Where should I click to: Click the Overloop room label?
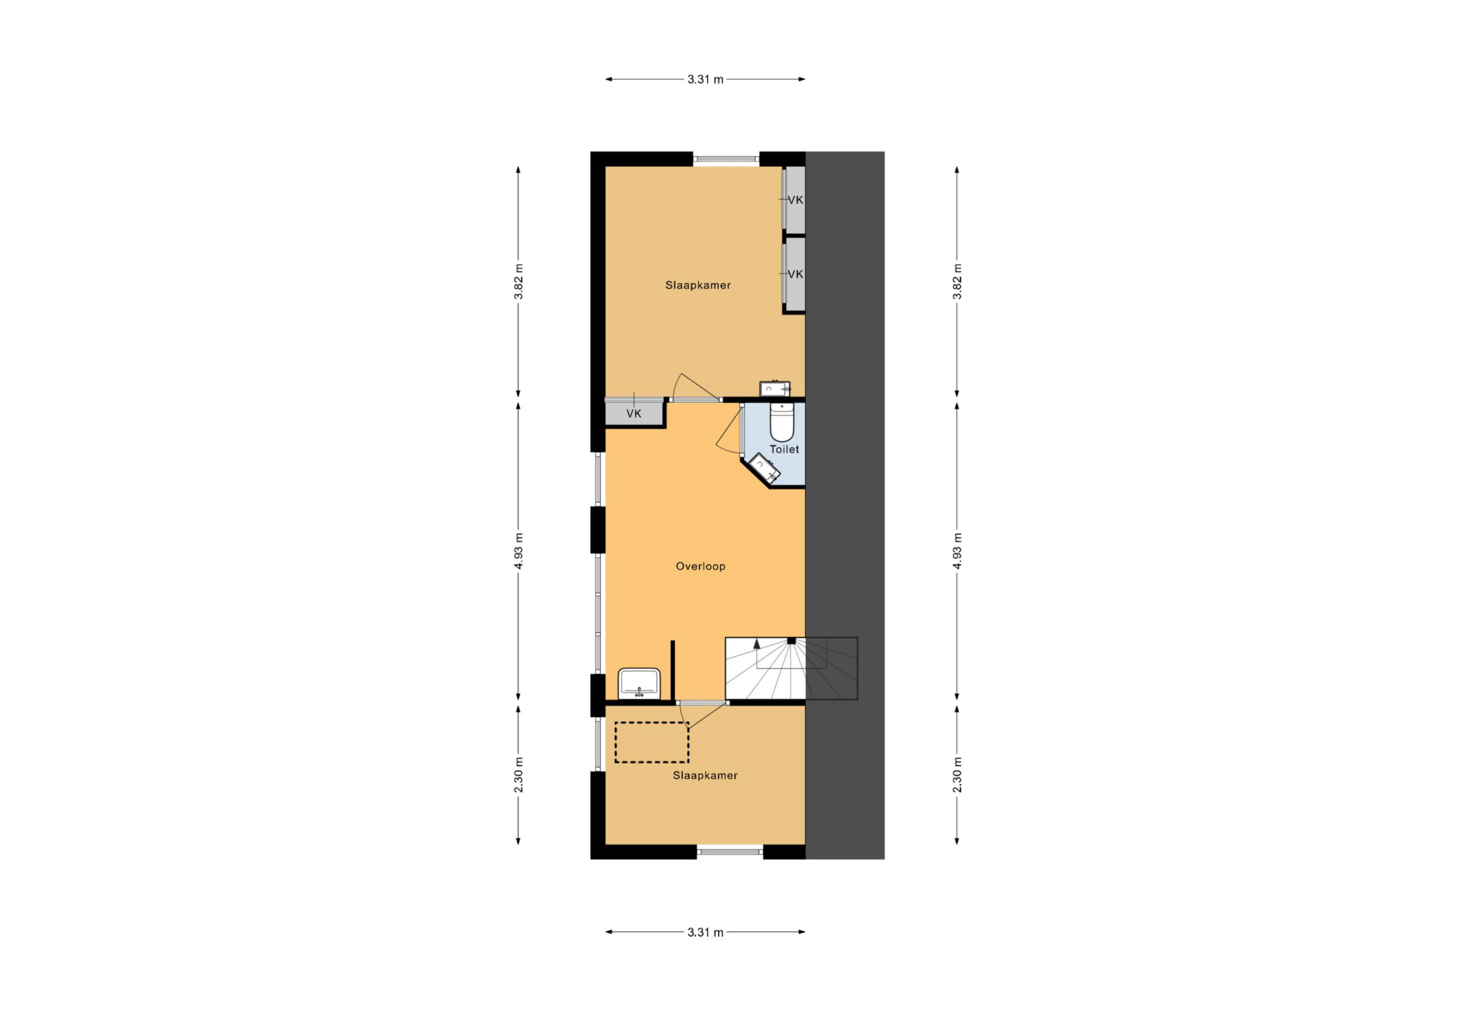[700, 566]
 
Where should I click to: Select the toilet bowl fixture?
[781, 422]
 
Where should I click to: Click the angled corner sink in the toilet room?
[764, 468]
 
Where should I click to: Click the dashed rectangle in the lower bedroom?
[651, 743]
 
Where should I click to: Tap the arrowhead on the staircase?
[757, 643]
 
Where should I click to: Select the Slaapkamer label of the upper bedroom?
[698, 286]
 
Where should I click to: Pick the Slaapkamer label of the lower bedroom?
[705, 775]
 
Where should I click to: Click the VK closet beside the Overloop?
[634, 414]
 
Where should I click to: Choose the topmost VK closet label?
[795, 200]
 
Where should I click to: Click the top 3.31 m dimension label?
[705, 80]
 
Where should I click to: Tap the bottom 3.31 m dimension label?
[705, 933]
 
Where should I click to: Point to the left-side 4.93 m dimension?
[519, 551]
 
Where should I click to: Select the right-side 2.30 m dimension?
[957, 775]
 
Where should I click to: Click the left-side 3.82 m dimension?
[519, 282]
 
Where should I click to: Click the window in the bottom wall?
[730, 851]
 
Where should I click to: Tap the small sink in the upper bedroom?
[775, 388]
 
